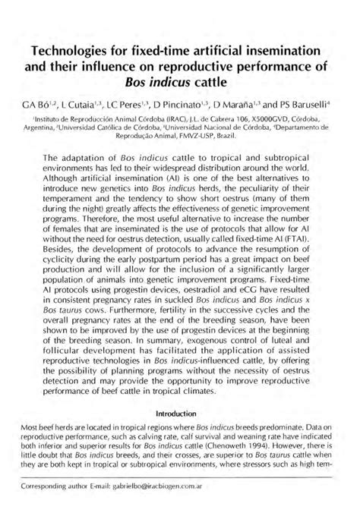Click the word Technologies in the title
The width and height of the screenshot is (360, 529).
(x=73, y=50)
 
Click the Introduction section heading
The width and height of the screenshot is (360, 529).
(x=179, y=415)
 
